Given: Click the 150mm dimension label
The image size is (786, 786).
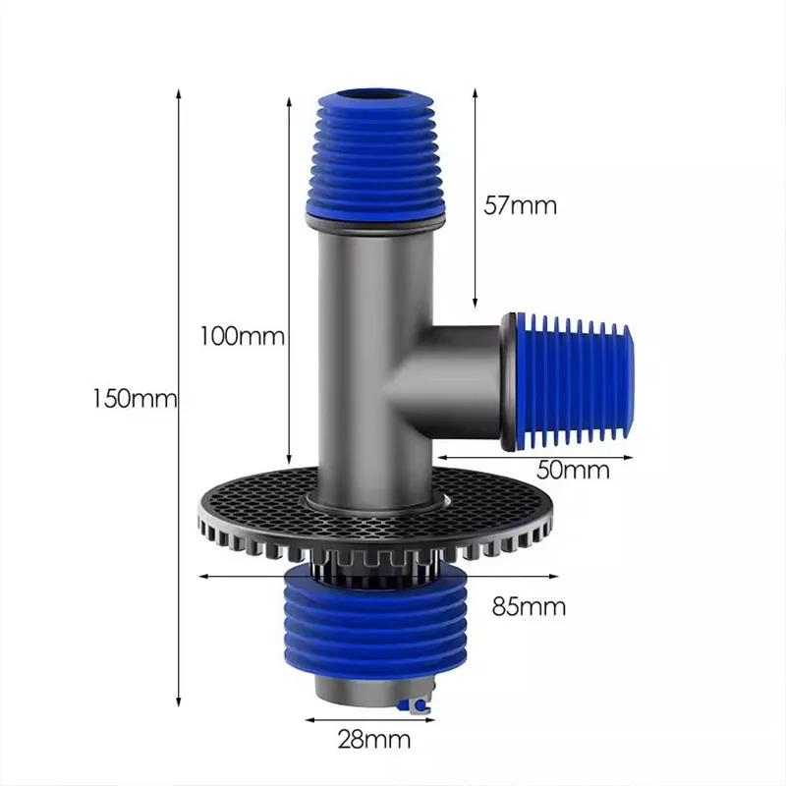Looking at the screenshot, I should point(134,399).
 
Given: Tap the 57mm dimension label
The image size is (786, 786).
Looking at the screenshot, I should point(521,205).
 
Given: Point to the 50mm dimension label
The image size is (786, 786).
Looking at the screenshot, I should point(573,470).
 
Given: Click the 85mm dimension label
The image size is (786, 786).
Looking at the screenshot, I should point(529,606).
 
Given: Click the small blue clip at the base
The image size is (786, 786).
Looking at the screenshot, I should point(420,705).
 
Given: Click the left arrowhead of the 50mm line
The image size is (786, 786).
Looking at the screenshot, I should point(439,457).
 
